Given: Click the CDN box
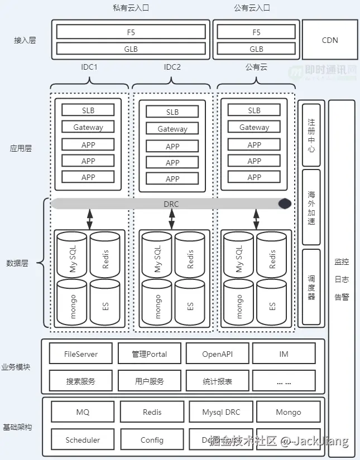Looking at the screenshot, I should (x=330, y=40).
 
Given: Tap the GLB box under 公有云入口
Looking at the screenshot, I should (x=256, y=49).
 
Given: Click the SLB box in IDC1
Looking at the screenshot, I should (x=88, y=110).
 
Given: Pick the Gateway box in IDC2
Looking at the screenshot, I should (x=172, y=129).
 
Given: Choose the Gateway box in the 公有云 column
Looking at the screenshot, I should (x=254, y=127).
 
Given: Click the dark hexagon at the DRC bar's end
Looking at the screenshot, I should (x=285, y=204).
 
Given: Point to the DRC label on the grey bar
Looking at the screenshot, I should (x=171, y=204).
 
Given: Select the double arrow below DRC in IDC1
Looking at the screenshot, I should (x=89, y=219).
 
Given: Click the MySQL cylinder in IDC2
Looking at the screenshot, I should (x=156, y=259).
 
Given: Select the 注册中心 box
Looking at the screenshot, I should (x=311, y=134).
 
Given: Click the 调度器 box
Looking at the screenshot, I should (x=311, y=288).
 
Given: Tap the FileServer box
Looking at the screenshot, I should (x=81, y=354).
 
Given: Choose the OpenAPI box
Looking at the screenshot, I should (x=217, y=354).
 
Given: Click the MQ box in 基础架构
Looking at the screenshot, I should (x=83, y=412).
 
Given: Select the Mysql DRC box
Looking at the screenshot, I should (x=220, y=412).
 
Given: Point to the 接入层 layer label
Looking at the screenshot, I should (x=25, y=40).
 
